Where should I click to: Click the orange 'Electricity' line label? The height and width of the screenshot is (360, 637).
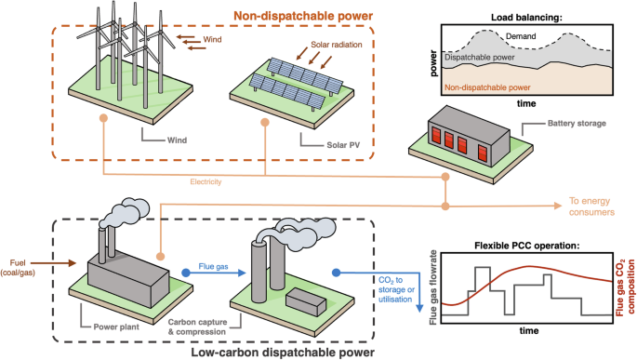tap(206, 181)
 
